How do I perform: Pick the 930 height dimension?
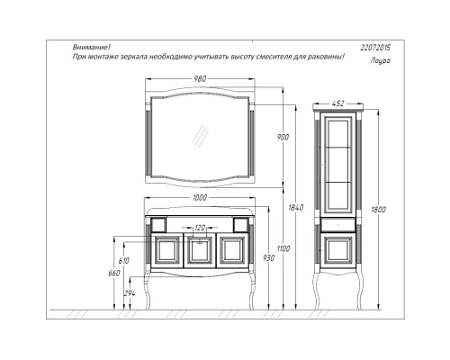click(x=267, y=258)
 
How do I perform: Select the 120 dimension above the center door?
click(x=201, y=228)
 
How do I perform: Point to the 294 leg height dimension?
click(x=130, y=292)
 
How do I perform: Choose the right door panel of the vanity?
click(x=233, y=250)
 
